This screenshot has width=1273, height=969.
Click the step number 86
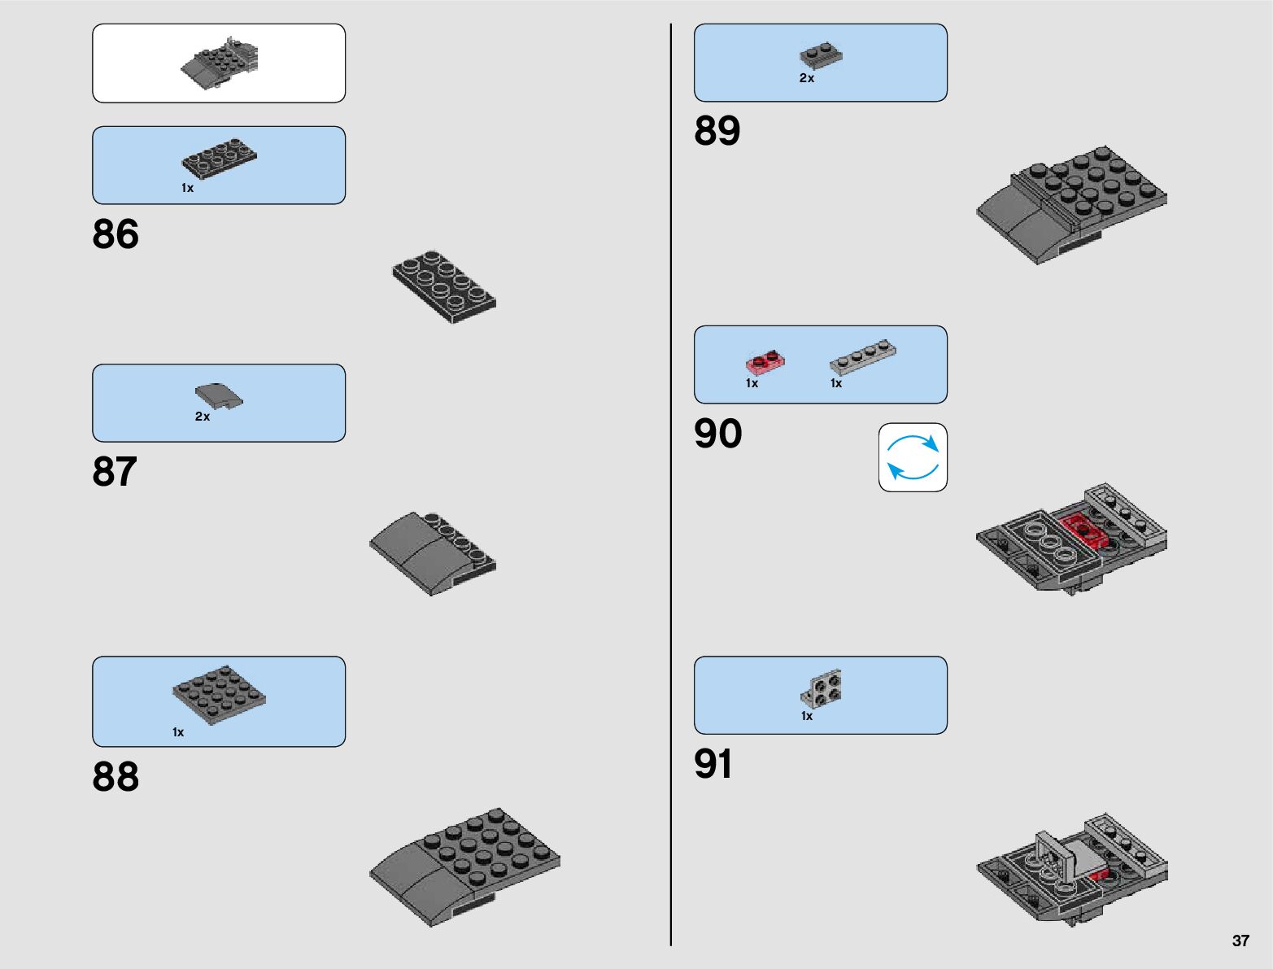116,234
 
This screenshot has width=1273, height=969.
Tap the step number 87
115,472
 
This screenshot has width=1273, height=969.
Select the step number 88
116,776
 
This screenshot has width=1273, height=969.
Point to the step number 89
717,131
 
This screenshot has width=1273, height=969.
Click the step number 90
717,434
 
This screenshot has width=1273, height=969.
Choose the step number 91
713,765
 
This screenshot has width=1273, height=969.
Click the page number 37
1240,941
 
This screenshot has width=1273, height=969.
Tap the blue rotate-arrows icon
913,457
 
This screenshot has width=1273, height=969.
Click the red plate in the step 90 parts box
765,363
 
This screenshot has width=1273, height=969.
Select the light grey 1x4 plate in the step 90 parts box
863,357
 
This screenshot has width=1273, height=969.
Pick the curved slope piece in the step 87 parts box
219,395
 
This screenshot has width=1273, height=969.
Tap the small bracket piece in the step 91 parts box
822,689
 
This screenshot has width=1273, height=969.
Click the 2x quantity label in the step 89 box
806,78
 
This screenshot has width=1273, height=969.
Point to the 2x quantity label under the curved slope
203,417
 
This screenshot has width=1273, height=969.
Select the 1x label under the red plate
752,383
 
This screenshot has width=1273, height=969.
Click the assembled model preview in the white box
219,63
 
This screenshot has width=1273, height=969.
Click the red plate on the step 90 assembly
1084,530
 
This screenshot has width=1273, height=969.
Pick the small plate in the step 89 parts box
821,55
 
